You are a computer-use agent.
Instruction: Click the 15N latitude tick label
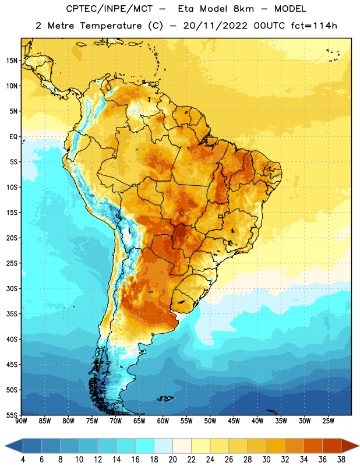point(12,61)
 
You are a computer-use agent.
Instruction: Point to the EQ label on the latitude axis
point(13,137)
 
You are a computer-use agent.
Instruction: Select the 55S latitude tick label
point(12,415)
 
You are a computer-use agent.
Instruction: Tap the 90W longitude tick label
point(21,421)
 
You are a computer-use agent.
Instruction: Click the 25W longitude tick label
point(328,421)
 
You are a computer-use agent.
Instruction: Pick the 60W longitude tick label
point(163,421)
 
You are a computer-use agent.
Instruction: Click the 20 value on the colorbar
point(172,460)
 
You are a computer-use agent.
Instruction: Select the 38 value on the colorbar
point(341,460)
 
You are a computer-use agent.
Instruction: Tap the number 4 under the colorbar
point(23,460)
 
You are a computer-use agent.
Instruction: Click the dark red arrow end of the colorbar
point(350,446)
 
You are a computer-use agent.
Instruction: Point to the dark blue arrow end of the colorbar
point(14,446)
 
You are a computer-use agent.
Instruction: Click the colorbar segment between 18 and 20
point(163,446)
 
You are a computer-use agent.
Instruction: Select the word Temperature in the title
point(111,26)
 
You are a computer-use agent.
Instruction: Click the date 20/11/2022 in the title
point(215,26)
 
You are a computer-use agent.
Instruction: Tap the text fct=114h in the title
point(314,26)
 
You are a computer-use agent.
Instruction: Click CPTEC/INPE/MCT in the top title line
point(109,9)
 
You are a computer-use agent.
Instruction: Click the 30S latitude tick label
point(12,288)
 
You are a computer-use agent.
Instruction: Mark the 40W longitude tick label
point(257,421)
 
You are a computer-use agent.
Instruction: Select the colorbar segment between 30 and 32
point(276,446)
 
